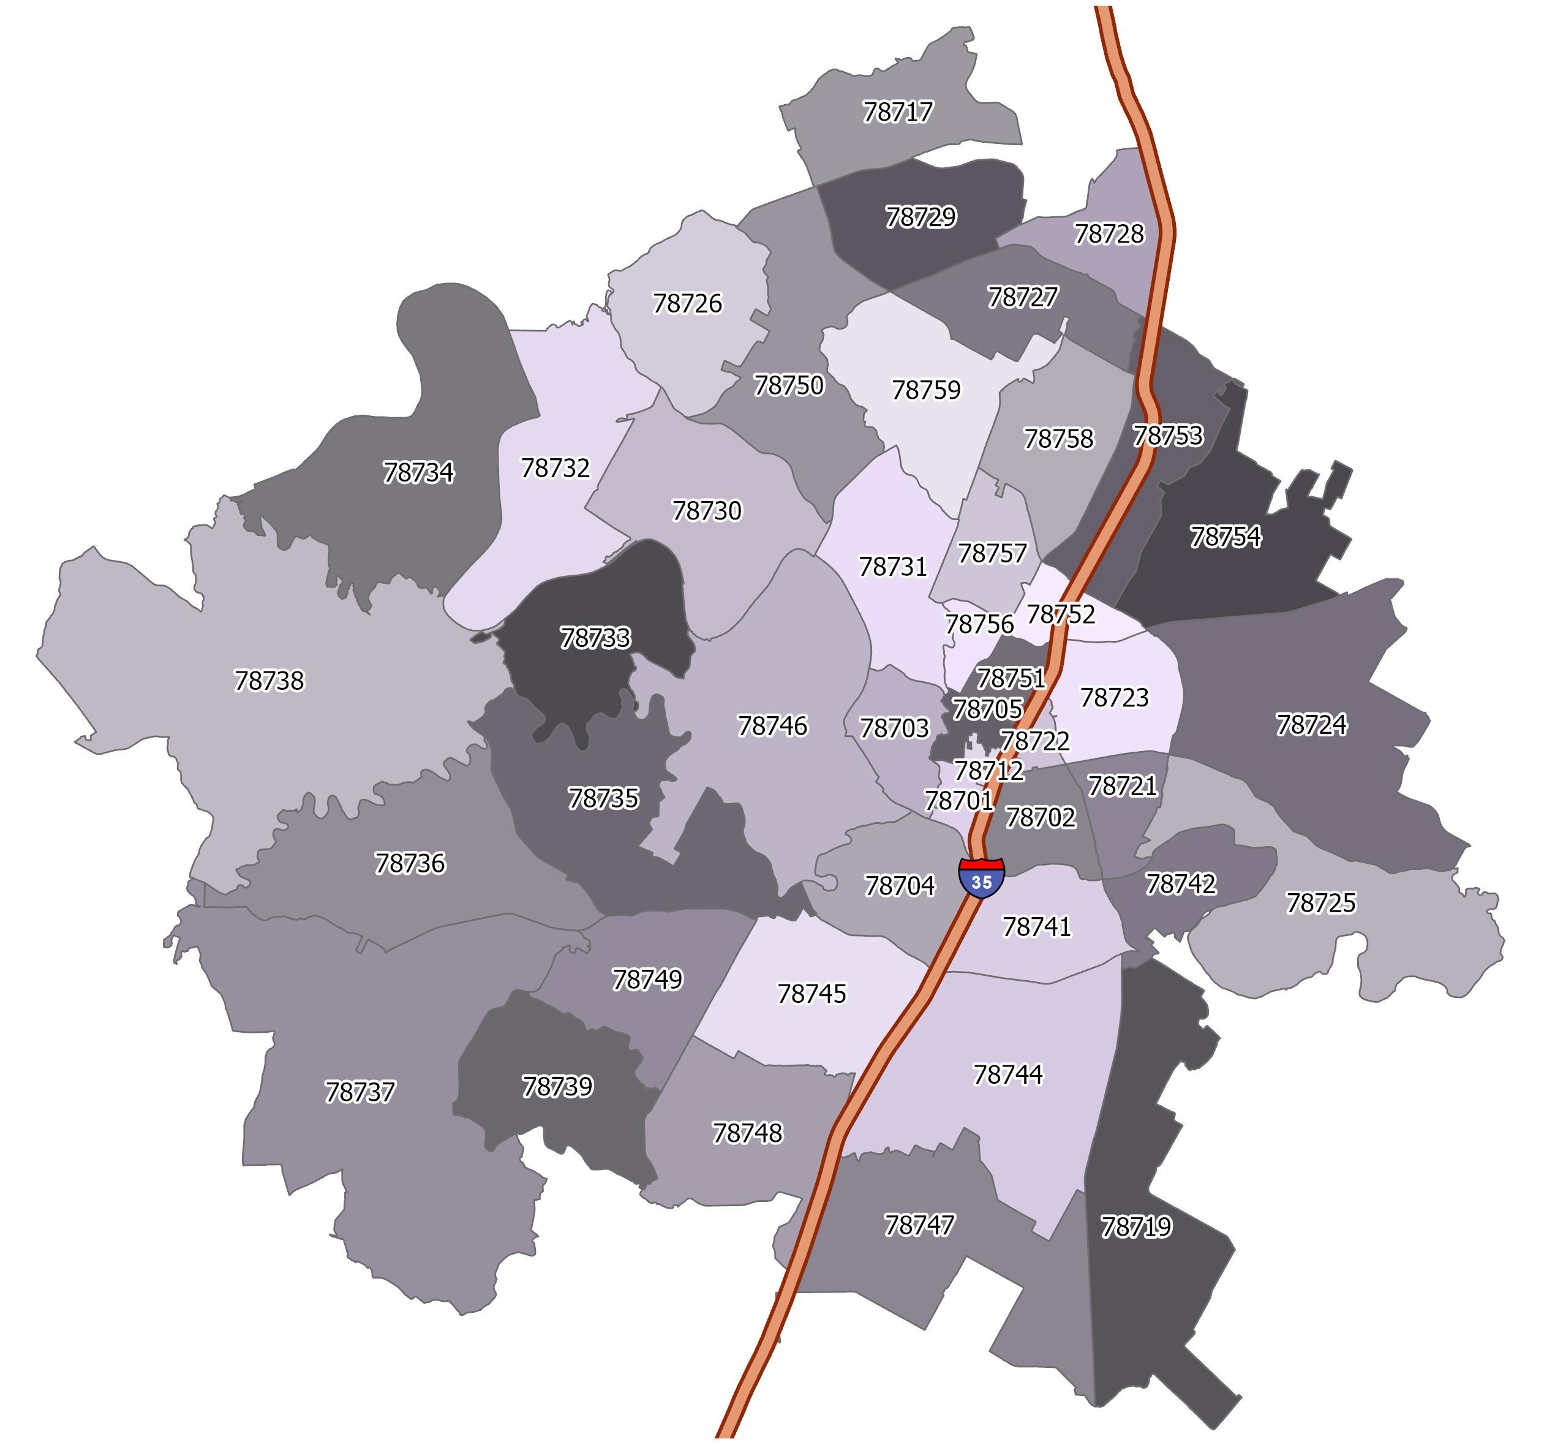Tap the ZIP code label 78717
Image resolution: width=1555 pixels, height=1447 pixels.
point(898,112)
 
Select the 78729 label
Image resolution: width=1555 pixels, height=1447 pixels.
point(921,217)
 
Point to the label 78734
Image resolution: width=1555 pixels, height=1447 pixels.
point(418,473)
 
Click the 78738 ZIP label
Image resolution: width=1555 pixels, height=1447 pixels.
point(269,681)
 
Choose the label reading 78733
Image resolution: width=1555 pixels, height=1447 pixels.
point(595,638)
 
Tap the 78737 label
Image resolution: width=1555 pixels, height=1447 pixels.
point(360,1092)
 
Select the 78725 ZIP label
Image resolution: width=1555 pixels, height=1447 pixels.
point(1321,903)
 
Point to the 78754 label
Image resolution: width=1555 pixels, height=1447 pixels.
point(1226,537)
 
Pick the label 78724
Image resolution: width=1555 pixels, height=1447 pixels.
point(1312,725)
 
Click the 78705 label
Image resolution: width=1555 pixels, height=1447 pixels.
point(987,709)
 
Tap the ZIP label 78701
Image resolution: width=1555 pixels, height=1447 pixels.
point(959,801)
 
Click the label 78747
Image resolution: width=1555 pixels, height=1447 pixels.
point(919,1225)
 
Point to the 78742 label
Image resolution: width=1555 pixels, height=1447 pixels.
point(1180,885)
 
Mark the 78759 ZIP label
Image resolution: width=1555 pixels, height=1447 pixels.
point(926,390)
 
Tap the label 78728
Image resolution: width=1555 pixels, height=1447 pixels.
point(1109,233)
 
